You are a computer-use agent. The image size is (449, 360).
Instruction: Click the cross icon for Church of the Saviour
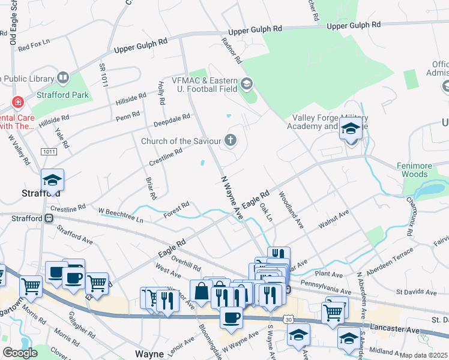[x=229, y=140]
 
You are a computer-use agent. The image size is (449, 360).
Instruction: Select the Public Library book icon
[x=63, y=78]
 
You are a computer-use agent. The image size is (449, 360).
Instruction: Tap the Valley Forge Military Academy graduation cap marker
[x=350, y=128]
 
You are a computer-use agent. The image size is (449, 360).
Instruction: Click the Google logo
[x=20, y=353]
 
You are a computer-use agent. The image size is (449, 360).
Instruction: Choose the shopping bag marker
[x=200, y=292]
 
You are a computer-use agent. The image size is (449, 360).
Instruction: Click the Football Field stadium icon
[x=247, y=83]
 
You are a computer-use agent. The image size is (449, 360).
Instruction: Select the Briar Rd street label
[x=151, y=188]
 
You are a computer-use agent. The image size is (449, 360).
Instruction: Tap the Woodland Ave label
[x=291, y=209]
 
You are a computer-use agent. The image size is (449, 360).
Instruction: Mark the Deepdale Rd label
[x=171, y=119]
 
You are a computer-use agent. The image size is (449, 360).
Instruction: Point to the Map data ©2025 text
[x=424, y=355]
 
